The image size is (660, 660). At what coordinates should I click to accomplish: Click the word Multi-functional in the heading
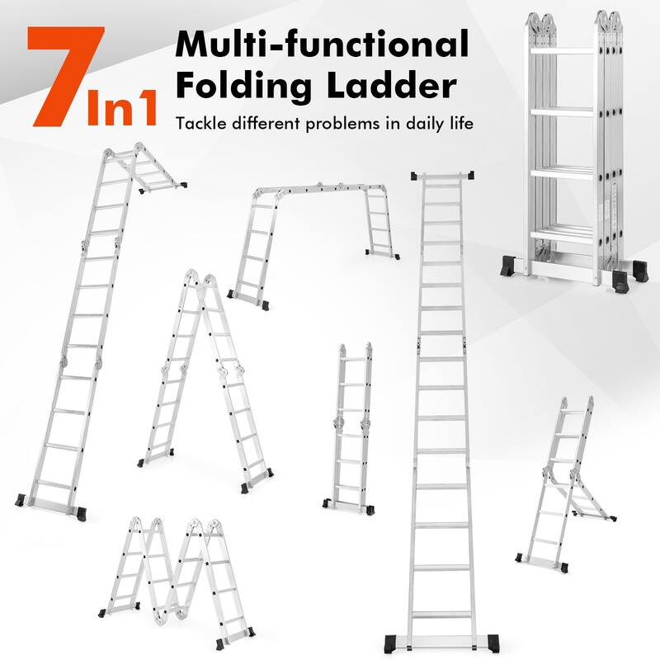(321, 45)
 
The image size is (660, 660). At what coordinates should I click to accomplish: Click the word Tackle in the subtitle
(201, 125)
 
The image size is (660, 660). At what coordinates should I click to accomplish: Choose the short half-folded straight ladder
(351, 429)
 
